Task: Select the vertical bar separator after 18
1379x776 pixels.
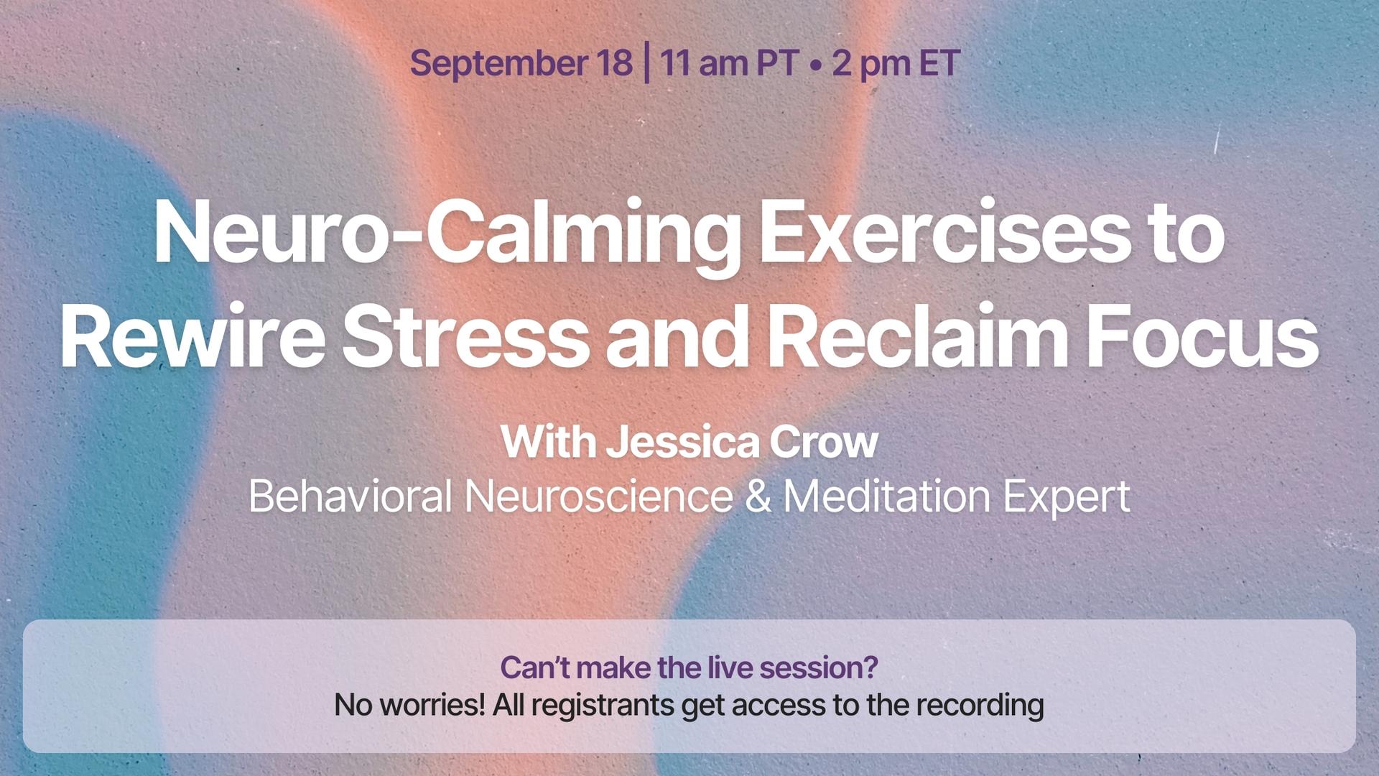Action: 648,63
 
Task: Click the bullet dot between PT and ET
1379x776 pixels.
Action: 815,65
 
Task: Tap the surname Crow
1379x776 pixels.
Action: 824,442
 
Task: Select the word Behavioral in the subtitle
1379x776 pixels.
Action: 350,496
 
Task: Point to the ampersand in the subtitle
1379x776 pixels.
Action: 758,496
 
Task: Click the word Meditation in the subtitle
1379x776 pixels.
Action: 887,496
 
